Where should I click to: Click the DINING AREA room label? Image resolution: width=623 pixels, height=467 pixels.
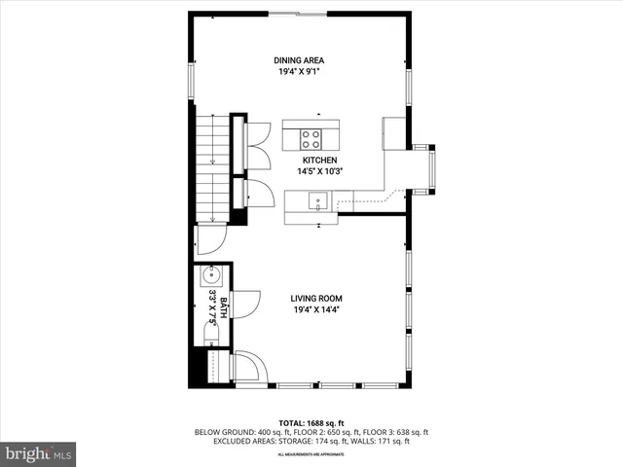click(299, 60)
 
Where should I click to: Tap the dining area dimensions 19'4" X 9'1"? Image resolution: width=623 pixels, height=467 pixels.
click(299, 72)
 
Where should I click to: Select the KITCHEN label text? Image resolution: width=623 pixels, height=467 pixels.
click(319, 160)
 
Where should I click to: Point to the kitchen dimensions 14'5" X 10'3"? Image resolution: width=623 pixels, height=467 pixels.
click(319, 171)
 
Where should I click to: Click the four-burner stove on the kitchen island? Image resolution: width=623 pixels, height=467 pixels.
click(311, 137)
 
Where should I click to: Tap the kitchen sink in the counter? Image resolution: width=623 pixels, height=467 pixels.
click(316, 201)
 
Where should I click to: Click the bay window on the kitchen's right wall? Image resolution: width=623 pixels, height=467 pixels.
click(426, 168)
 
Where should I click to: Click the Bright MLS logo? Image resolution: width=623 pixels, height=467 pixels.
click(39, 453)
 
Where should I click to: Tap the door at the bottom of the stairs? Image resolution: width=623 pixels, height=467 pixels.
click(211, 236)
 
